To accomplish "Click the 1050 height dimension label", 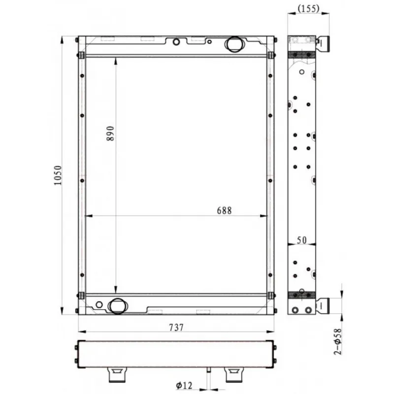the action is click(x=58, y=175).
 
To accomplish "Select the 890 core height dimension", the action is click(x=110, y=133).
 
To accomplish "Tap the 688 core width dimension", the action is click(x=224, y=210).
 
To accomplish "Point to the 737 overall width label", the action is click(x=176, y=327).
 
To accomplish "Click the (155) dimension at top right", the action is click(x=308, y=8).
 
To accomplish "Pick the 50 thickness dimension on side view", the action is click(x=301, y=240).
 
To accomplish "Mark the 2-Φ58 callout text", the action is click(x=338, y=341).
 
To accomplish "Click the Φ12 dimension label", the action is click(x=184, y=385).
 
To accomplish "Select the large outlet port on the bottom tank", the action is click(x=117, y=306).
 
